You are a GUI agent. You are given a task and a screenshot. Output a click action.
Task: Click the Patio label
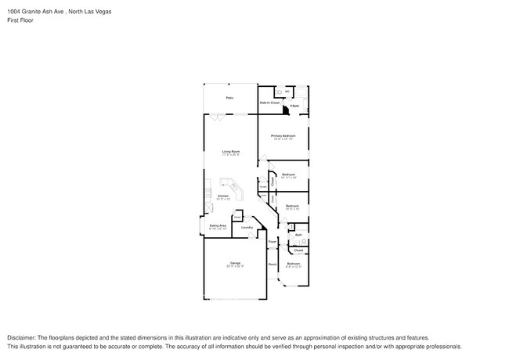(x=229, y=97)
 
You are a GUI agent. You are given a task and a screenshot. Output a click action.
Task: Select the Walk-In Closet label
(x=269, y=103)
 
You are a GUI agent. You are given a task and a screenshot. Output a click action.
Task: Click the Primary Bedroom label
(x=283, y=135)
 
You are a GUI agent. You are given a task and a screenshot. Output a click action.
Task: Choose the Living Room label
(x=230, y=151)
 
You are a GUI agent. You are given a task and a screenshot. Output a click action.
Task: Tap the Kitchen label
(x=222, y=196)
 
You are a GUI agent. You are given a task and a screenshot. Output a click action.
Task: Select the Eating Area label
(x=217, y=225)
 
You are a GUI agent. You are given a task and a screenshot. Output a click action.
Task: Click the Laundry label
(x=246, y=228)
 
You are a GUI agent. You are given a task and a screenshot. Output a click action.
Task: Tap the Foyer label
(x=272, y=243)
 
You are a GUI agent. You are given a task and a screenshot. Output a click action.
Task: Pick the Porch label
(x=273, y=265)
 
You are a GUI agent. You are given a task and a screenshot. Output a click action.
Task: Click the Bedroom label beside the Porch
(x=293, y=265)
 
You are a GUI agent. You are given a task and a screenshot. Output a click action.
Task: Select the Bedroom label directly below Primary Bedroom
(x=288, y=174)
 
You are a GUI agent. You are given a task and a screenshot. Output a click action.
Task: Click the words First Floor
(x=21, y=20)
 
